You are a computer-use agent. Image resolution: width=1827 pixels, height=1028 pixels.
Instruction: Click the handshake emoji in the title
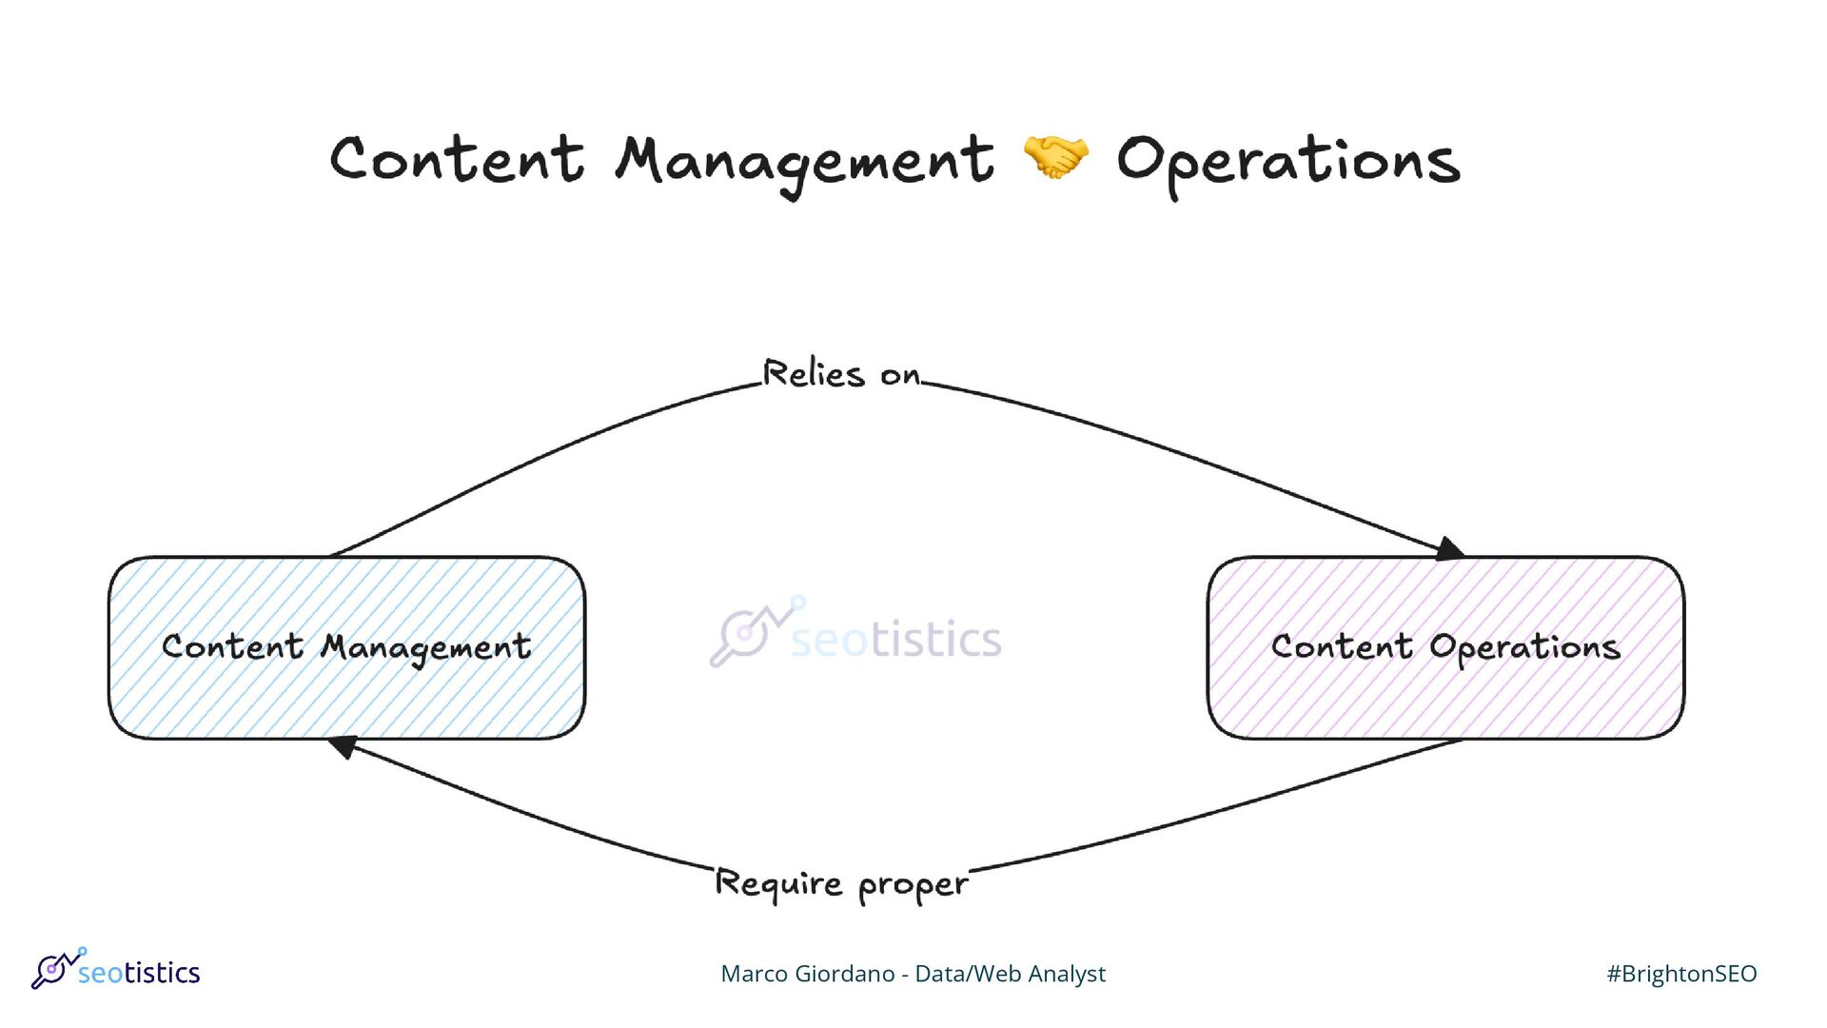coord(1054,157)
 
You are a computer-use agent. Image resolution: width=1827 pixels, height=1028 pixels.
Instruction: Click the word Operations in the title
coord(1287,162)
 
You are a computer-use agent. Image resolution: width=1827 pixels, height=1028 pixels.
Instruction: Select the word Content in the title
coord(457,159)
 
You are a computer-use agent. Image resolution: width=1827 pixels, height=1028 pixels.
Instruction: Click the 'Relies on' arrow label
coord(842,374)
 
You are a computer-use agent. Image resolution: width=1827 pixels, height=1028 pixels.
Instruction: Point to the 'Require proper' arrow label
coord(841,884)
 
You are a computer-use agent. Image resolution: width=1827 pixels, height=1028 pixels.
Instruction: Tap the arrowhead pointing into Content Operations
coord(1449,549)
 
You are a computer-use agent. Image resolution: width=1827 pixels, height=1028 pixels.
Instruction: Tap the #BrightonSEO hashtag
coord(1681,974)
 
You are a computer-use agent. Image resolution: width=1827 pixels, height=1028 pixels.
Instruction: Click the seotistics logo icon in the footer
coord(55,968)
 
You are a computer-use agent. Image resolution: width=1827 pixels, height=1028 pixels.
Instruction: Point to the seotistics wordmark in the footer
coord(139,973)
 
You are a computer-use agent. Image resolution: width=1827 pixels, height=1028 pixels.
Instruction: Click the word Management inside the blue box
coord(425,648)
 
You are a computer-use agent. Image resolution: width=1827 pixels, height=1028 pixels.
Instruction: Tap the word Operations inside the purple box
coord(1524,648)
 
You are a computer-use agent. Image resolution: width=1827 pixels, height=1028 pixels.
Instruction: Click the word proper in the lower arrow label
coord(913,886)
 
